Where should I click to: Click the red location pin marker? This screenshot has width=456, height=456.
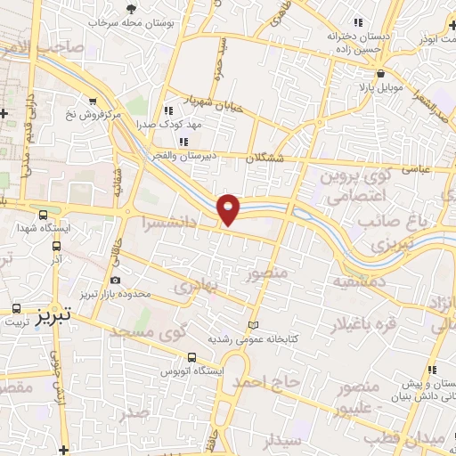click(x=230, y=208)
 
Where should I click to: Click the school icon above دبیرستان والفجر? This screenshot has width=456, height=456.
click(x=183, y=141)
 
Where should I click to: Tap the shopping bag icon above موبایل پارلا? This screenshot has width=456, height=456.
click(x=380, y=75)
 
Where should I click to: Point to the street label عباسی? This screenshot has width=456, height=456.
click(x=416, y=166)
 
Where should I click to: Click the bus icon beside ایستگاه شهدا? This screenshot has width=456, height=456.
click(x=44, y=215)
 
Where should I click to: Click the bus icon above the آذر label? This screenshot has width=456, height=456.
click(x=56, y=247)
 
